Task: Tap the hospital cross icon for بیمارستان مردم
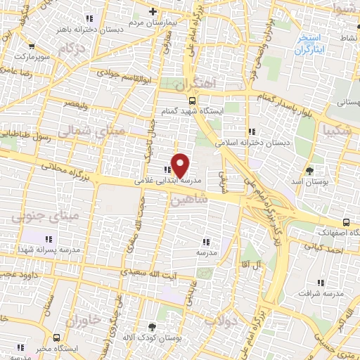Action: (153, 11)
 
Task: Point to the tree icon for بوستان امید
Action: (310, 171)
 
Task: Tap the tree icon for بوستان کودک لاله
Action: (153, 326)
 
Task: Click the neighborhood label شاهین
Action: (188, 200)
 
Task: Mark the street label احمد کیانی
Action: (324, 247)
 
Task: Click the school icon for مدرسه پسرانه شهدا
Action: (49, 238)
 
